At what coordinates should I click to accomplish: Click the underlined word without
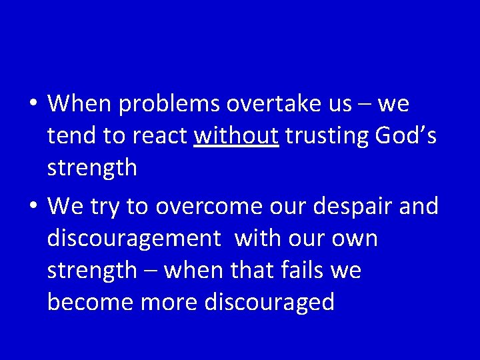236,136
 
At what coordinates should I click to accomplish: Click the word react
160,136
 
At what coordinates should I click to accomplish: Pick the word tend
71,136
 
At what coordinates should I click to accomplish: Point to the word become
90,303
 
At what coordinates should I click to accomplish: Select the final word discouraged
269,303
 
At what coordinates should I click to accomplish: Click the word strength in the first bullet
92,168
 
